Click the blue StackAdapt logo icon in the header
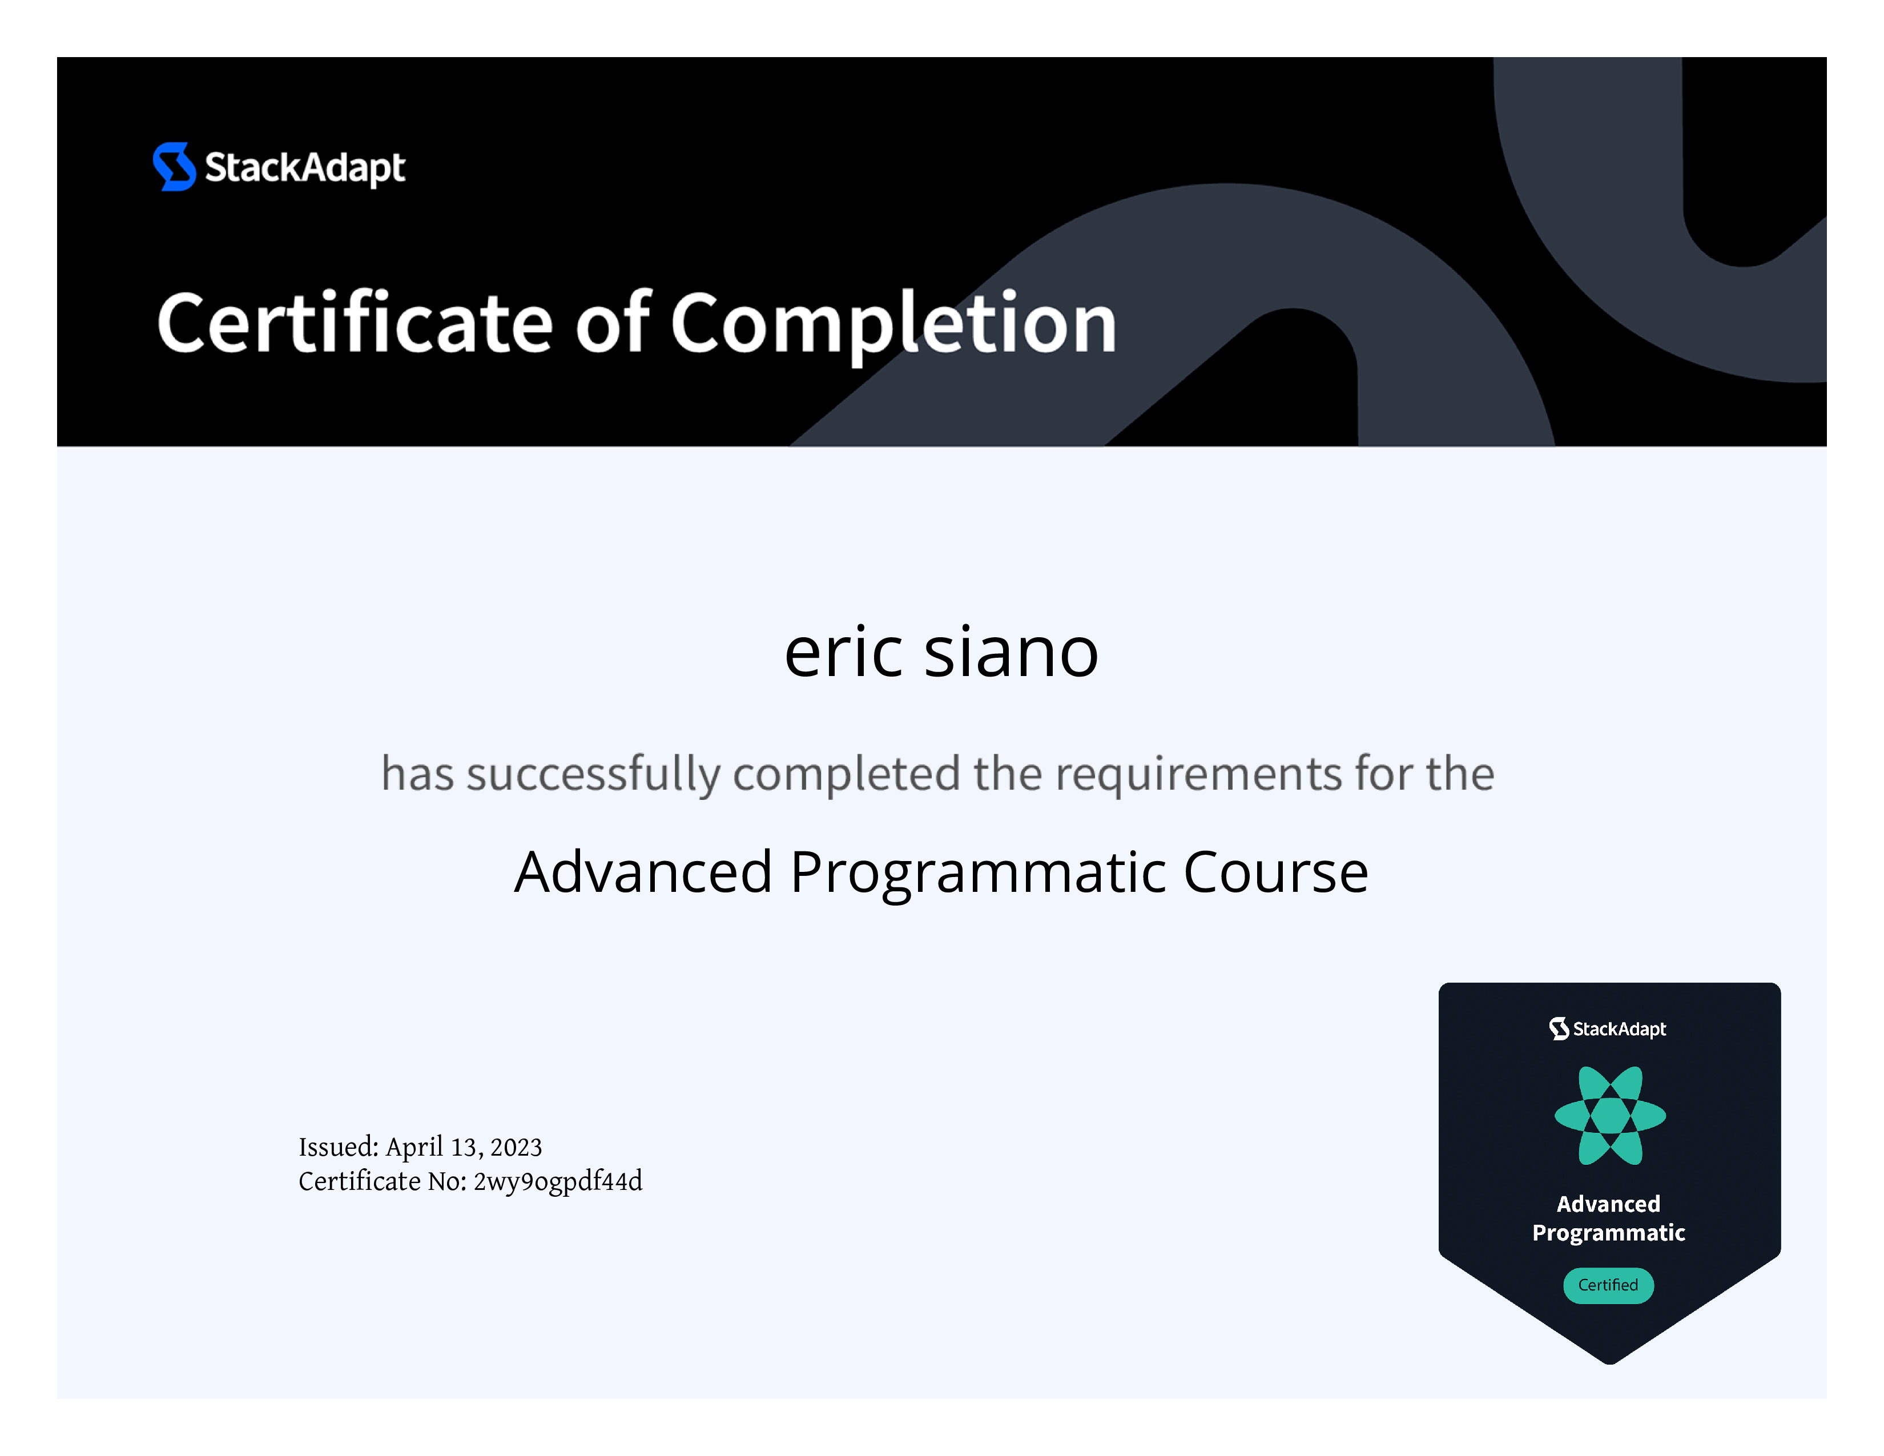pyautogui.click(x=174, y=167)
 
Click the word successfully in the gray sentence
pyautogui.click(x=594, y=774)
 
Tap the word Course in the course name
pyautogui.click(x=1276, y=872)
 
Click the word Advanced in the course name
pyautogui.click(x=643, y=871)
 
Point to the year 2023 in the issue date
pyautogui.click(x=516, y=1147)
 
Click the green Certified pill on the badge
pyautogui.click(x=1608, y=1285)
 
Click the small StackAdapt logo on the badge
pyautogui.click(x=1608, y=1028)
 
